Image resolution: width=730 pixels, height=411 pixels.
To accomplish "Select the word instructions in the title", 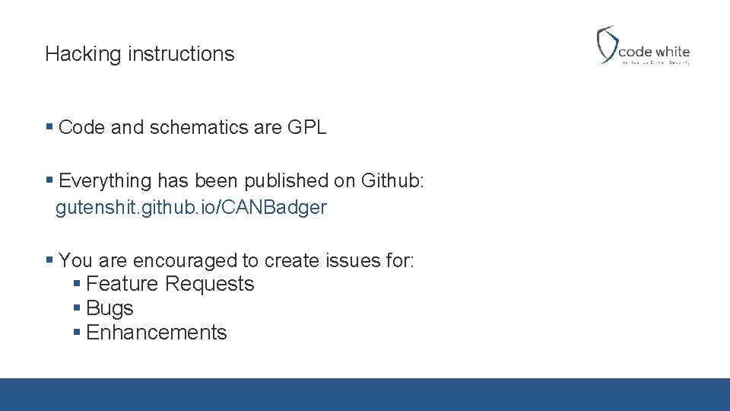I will coord(181,54).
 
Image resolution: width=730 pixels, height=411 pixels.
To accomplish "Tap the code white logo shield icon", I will coord(606,44).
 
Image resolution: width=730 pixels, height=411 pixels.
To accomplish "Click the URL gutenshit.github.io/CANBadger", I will coord(191,208).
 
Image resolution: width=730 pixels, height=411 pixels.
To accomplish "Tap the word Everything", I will coord(105,180).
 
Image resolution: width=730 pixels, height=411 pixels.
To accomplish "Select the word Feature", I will coord(122,284).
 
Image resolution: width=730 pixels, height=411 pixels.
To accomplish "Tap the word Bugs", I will coord(109,308).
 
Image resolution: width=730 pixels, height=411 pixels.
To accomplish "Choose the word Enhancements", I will coord(157,333).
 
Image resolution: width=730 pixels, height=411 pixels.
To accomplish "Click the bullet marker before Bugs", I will coord(77,308).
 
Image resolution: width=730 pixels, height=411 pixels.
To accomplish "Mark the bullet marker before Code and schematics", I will coord(49,127).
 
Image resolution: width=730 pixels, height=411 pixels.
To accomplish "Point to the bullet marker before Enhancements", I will coord(77,333).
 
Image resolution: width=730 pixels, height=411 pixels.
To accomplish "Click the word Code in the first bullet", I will coord(81,128).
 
